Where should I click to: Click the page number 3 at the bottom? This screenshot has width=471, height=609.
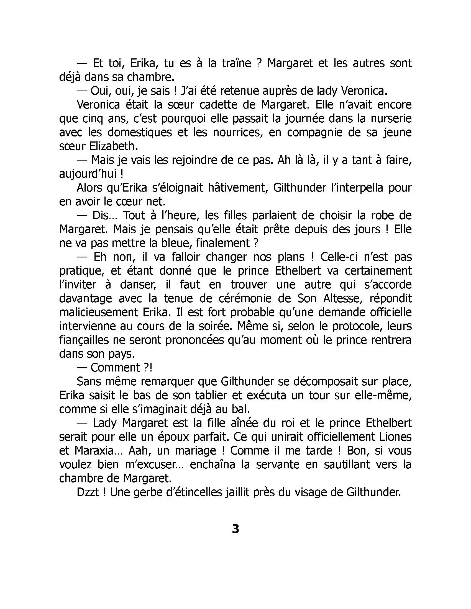[x=235, y=529]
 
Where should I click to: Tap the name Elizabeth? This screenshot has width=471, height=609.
[x=114, y=146]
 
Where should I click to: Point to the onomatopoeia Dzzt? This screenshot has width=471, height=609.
[x=88, y=492]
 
